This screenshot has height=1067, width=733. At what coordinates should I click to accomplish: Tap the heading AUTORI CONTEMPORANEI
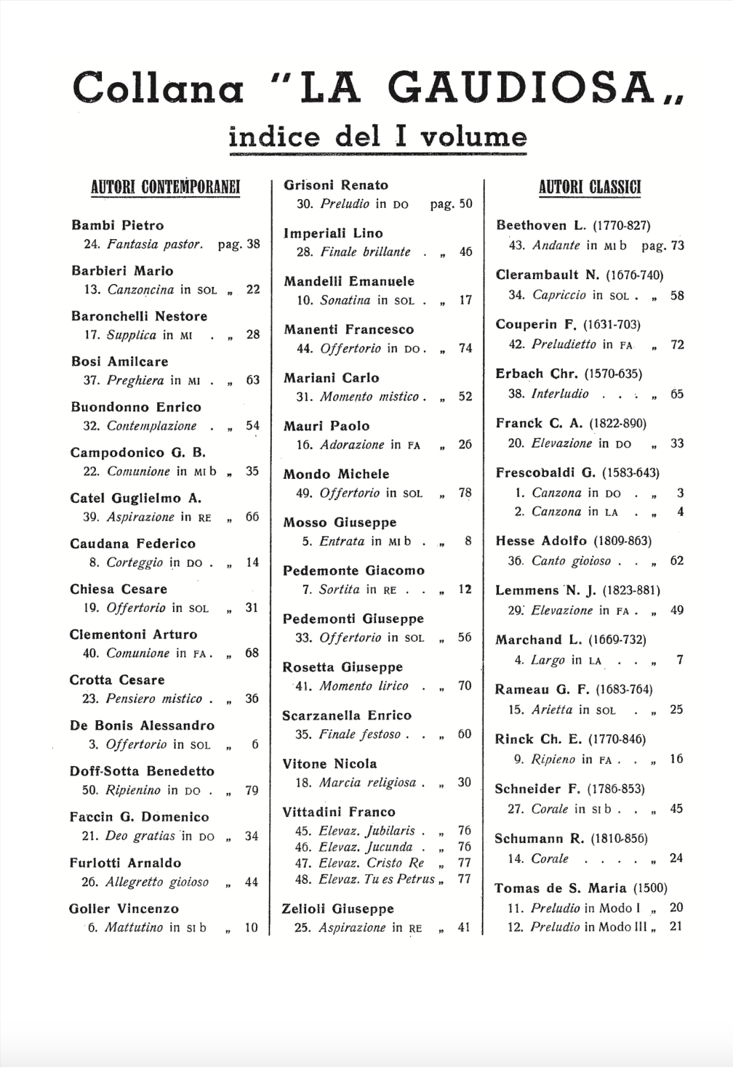click(x=165, y=188)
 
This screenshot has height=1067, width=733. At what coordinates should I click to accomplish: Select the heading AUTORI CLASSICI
click(x=590, y=188)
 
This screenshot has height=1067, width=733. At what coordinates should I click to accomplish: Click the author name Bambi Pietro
click(x=118, y=225)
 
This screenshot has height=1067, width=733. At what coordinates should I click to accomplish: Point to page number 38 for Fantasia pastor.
click(x=252, y=244)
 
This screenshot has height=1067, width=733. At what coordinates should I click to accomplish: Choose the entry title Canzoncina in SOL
click(x=161, y=289)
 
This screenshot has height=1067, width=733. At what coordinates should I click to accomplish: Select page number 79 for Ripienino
click(x=252, y=790)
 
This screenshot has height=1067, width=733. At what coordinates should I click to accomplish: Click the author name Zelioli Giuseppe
click(x=337, y=909)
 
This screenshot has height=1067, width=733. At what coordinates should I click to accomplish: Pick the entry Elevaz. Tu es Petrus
click(x=377, y=879)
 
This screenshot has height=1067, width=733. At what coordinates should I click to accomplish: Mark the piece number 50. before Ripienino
click(x=91, y=790)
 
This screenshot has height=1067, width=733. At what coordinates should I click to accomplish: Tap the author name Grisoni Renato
click(x=336, y=185)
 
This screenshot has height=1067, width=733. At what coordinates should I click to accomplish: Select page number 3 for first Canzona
click(x=680, y=493)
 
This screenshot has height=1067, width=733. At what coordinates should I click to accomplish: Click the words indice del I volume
click(x=378, y=137)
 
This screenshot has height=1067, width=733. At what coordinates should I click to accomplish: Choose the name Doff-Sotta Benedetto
click(x=142, y=771)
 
